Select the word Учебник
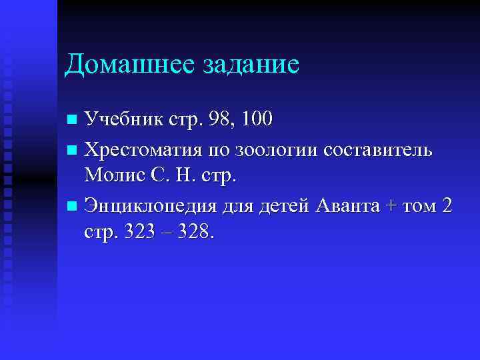point(123,120)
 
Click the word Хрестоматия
point(145,149)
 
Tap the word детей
point(284,206)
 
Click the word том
point(419,207)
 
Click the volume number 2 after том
point(447,206)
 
